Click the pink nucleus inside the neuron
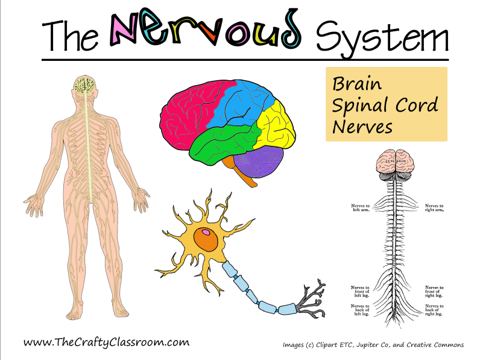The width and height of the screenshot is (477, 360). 207,232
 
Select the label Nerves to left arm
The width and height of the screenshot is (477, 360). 361,208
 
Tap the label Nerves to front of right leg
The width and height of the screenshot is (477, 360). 434,291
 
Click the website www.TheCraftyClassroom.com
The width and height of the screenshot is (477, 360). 106,342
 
